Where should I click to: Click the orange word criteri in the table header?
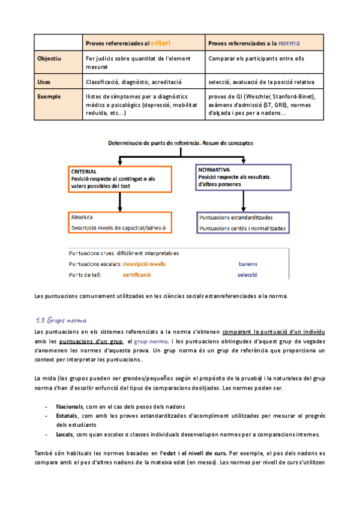click(x=160, y=43)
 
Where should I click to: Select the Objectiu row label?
click(x=49, y=59)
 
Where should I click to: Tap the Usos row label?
click(x=44, y=82)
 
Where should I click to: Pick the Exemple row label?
click(x=49, y=96)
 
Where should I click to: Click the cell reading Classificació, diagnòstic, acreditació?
click(x=133, y=82)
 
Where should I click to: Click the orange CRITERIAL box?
click(x=121, y=179)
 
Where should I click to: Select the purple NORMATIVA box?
click(x=243, y=178)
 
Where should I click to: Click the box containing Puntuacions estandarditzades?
click(x=243, y=223)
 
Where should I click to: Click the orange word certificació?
click(x=137, y=275)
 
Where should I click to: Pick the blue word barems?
click(x=247, y=264)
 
